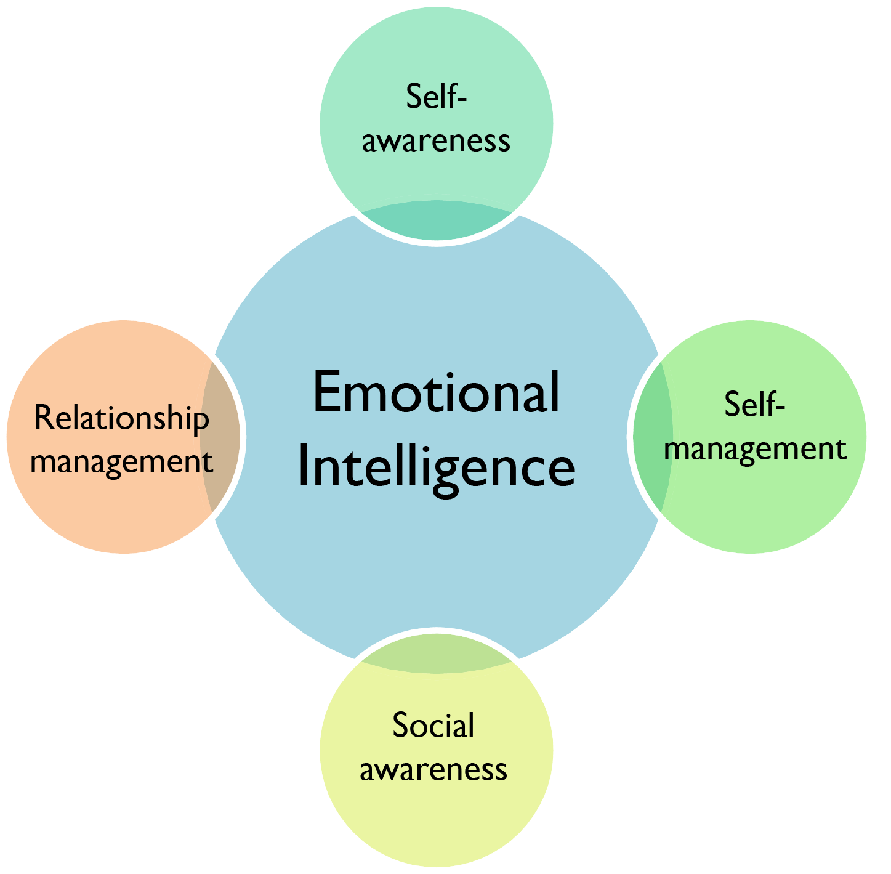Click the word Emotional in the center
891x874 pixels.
pos(436,393)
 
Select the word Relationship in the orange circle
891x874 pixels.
pos(121,418)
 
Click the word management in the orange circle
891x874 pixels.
pos(121,461)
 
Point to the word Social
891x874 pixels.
pos(433,726)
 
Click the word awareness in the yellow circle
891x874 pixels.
pos(433,769)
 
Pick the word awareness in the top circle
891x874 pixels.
pos(436,140)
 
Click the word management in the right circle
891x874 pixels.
pos(756,449)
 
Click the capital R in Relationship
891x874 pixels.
pos(42,418)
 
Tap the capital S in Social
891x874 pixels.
pos(401,726)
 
